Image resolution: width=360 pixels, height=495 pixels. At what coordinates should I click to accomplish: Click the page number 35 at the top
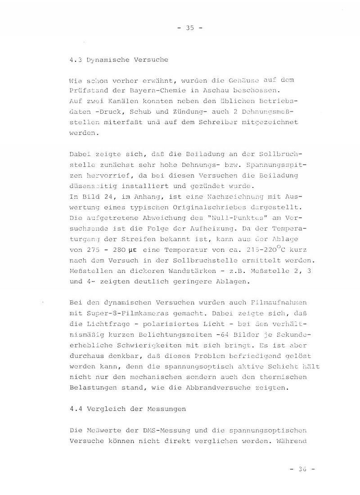(x=190, y=27)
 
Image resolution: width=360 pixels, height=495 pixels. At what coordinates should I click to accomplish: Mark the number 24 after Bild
(x=95, y=197)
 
